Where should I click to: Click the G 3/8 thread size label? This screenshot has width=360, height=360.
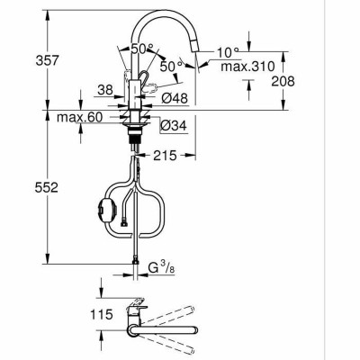[160, 267]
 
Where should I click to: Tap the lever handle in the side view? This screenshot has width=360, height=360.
[156, 91]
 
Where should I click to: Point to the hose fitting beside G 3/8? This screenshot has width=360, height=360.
[135, 263]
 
